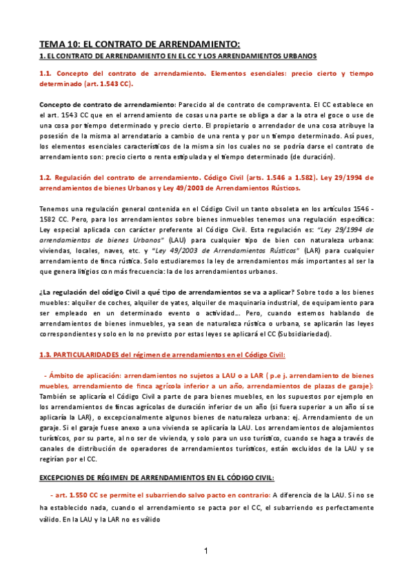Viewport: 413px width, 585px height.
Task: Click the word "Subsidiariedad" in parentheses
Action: coord(302,335)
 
